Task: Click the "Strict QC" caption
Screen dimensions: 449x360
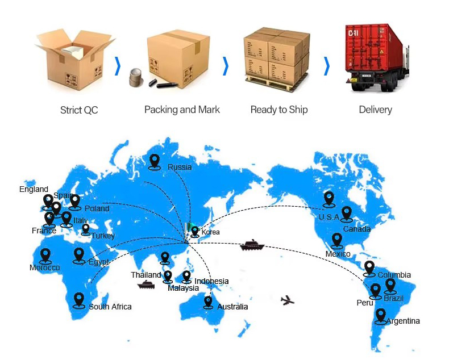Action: (x=79, y=110)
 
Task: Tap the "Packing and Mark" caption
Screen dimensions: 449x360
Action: (x=182, y=110)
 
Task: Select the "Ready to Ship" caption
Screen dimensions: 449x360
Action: (x=279, y=110)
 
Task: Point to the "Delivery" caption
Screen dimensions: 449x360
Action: (x=376, y=110)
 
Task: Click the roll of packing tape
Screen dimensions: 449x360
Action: (x=136, y=77)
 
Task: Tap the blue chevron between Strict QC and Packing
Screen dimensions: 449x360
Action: (x=118, y=66)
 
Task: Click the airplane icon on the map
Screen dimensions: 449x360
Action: (x=287, y=300)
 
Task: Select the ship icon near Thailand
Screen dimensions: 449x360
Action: (x=146, y=285)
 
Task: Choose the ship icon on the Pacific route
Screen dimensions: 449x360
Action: (x=252, y=245)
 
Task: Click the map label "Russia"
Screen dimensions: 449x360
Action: (x=180, y=167)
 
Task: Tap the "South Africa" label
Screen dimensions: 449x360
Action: (x=110, y=307)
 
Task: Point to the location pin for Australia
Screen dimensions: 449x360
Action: (x=208, y=302)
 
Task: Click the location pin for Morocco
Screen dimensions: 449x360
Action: (x=45, y=256)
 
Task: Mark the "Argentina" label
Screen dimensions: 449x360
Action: (x=403, y=321)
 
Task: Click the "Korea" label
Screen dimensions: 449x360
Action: (x=210, y=232)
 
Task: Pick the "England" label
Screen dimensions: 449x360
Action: (x=34, y=189)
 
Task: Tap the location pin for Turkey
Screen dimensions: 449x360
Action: (x=86, y=229)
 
